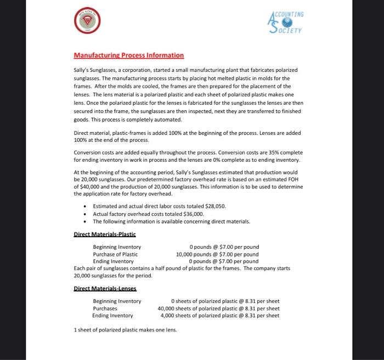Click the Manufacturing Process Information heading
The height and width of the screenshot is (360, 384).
[x=129, y=55]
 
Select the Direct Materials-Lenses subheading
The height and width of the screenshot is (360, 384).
[x=105, y=288]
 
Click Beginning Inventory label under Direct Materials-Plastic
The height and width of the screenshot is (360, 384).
[x=117, y=247]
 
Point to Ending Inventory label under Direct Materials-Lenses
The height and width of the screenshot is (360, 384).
[x=112, y=316]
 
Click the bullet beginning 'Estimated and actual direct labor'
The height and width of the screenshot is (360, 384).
[x=159, y=206]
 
